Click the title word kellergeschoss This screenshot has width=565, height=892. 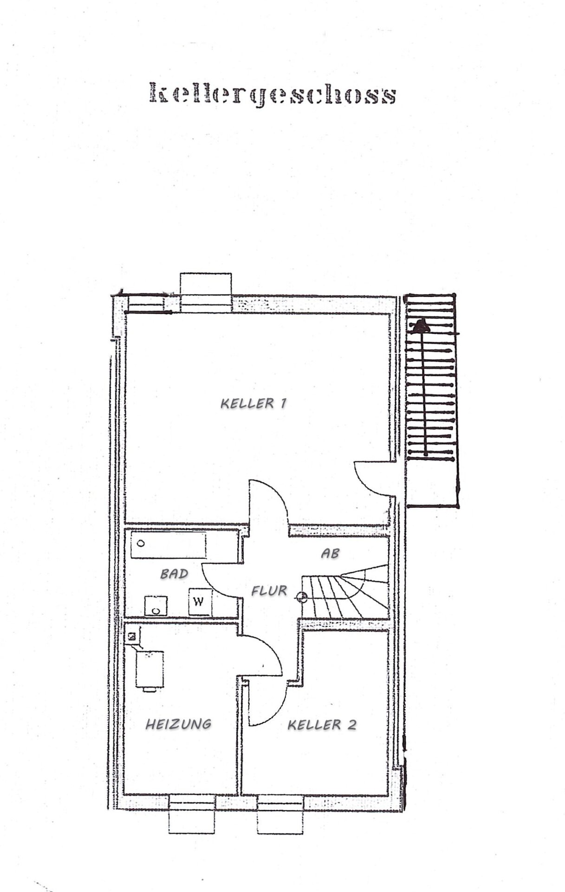point(273,95)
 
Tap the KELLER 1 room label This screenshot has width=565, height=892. point(253,403)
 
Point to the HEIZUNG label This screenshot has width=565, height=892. point(179,723)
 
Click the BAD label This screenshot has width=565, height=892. point(174,574)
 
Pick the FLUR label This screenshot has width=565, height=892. point(269,590)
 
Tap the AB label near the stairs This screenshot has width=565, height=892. point(330,553)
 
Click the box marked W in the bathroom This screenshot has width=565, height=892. point(200,602)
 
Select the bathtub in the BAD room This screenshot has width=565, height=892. point(168,545)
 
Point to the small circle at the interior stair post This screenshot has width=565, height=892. point(302,597)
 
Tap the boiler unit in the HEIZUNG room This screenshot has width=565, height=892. point(149,670)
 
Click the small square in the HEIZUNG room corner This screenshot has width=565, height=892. point(132,636)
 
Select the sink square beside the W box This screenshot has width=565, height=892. point(156,606)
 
